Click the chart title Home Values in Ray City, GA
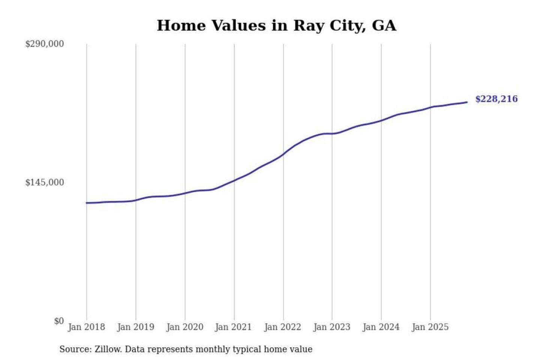276,25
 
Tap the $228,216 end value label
496,99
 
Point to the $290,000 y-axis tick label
45,44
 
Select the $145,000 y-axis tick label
45,182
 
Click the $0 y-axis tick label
59,321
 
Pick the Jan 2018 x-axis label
87,327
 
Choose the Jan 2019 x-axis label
136,327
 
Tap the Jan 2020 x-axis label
185,327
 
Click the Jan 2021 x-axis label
233,327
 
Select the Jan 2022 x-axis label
283,327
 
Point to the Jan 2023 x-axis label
332,327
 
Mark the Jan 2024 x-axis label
381,327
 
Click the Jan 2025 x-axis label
430,327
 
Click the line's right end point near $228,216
467,102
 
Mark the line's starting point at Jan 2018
87,203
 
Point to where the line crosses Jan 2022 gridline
283,154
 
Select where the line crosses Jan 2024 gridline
381,120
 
